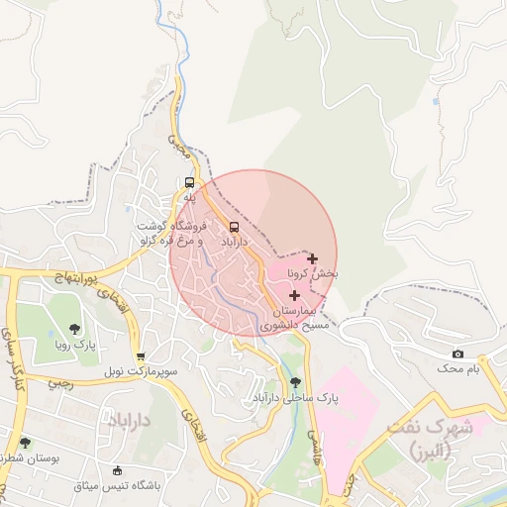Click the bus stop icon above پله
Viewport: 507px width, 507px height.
click(x=189, y=182)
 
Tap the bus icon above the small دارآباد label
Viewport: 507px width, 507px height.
click(x=234, y=226)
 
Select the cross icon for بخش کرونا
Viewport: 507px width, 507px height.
click(x=313, y=258)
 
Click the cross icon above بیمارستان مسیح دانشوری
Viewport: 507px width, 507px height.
click(x=294, y=295)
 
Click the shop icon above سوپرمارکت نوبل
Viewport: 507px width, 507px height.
click(x=141, y=356)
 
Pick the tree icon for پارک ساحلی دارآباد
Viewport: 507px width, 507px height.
click(x=295, y=382)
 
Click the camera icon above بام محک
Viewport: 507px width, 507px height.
click(x=457, y=354)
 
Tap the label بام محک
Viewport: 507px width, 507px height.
click(x=458, y=368)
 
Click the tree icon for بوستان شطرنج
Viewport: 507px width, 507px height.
click(x=25, y=443)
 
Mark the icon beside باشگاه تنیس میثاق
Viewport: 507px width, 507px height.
click(x=119, y=470)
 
